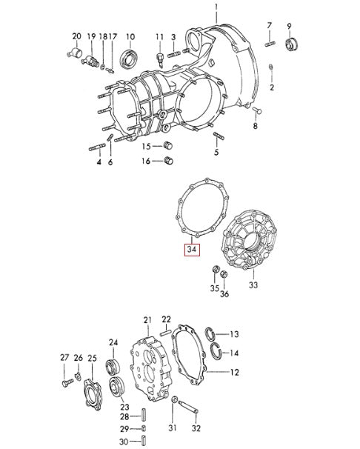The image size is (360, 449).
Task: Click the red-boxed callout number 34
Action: coord(191,250)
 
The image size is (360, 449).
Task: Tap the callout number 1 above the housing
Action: coord(216,7)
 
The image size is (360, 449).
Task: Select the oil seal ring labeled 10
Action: coord(130,59)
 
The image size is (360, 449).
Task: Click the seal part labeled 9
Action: coord(292,44)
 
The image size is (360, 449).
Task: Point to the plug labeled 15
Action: coord(168,145)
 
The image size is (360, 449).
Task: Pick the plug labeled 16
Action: coord(168,160)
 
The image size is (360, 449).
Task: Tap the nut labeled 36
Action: coord(224,275)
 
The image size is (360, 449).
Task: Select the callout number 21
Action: coord(147,320)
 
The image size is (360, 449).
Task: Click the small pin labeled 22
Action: coord(165,333)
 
